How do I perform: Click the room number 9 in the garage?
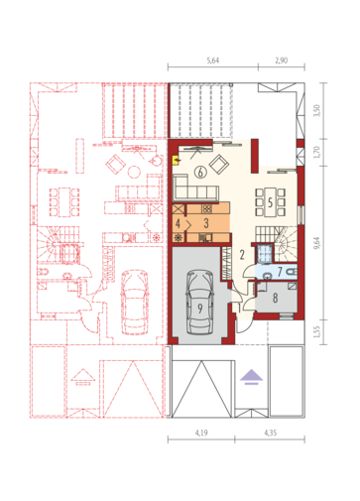tap(200, 309)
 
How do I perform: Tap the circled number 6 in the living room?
tap(200, 172)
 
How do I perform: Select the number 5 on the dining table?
tap(270, 202)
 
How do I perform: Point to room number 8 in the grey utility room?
tap(275, 298)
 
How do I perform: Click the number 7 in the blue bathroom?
tap(280, 272)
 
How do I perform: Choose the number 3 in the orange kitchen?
tap(206, 223)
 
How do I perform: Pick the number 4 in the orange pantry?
tap(178, 223)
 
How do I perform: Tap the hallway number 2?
tap(242, 255)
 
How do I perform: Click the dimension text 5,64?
tap(213, 61)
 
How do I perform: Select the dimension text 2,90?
tap(282, 61)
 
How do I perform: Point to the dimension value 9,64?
tap(317, 243)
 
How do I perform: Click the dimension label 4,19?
tap(201, 433)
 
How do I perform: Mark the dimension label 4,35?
tap(271, 433)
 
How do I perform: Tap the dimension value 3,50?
tap(317, 110)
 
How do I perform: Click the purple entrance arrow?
tap(251, 377)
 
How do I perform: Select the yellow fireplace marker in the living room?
tap(176, 160)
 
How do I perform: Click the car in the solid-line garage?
tap(199, 303)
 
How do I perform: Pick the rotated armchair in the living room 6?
tap(219, 165)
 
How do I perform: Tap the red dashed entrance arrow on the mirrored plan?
tap(82, 377)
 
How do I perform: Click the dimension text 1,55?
tap(317, 332)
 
